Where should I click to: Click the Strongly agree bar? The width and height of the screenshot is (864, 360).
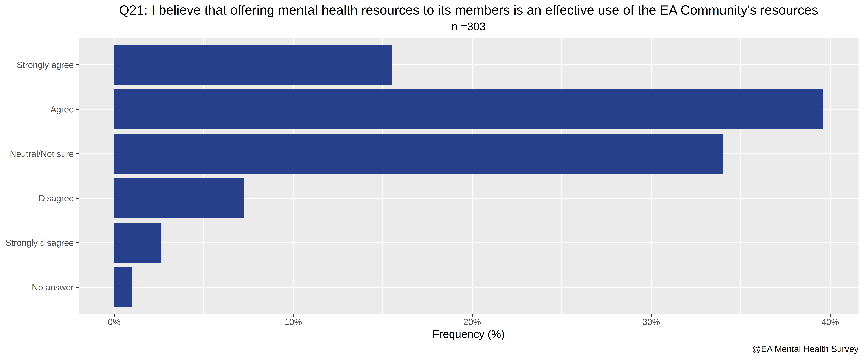[253, 65]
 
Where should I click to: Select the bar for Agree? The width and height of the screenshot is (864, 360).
[469, 109]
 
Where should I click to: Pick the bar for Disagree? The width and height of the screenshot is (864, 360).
[179, 198]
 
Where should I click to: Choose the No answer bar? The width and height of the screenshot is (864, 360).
[123, 287]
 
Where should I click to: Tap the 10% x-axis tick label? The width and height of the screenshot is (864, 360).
[293, 322]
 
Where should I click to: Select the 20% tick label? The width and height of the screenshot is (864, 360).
[472, 322]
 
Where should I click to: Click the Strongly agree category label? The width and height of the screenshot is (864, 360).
[45, 65]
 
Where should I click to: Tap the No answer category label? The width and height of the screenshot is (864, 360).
[53, 288]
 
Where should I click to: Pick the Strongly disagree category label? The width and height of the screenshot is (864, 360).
[40, 243]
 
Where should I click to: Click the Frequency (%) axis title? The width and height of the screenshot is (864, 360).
[469, 335]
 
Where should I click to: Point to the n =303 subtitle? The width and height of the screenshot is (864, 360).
[469, 27]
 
